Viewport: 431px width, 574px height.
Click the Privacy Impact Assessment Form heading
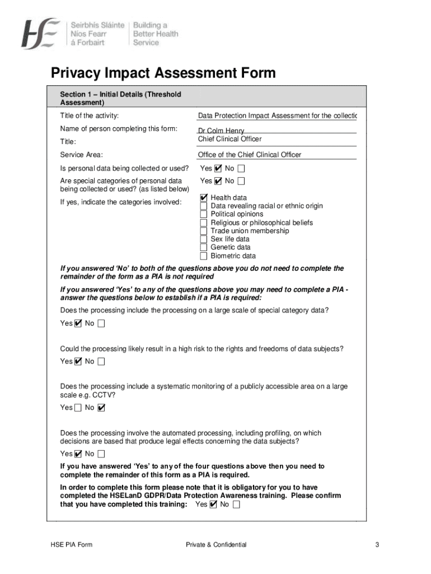pos(163,73)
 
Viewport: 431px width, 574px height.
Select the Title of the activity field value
pos(277,116)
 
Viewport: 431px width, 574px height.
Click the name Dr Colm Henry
pos(221,131)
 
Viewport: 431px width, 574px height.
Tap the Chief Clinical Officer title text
pos(229,139)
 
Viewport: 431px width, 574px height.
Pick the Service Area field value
pos(249,155)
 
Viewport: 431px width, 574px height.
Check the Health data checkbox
pos(204,198)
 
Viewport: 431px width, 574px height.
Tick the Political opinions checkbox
pos(204,214)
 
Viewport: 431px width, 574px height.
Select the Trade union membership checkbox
pos(204,231)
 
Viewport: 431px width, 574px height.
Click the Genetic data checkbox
pos(204,247)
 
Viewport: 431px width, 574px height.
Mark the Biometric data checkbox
pos(204,256)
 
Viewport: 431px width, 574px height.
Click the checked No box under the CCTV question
pos(101,408)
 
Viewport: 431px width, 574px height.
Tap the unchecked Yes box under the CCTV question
pos(78,408)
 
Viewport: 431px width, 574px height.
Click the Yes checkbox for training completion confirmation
pos(213,504)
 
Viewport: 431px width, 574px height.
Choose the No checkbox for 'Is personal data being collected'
pos(241,168)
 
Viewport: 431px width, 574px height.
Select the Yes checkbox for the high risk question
pos(78,362)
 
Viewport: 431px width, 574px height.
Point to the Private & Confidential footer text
pos(216,545)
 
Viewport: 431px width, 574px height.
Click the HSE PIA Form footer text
pos(70,545)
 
